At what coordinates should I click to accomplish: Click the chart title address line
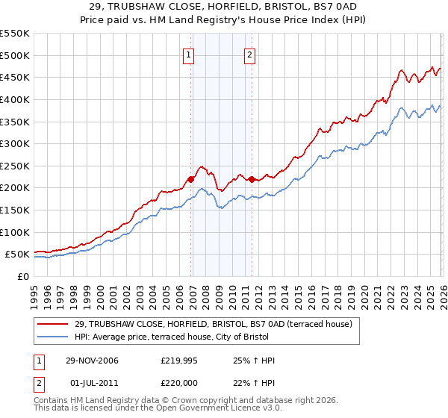click(x=224, y=6)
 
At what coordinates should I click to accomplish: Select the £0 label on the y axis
click(x=23, y=277)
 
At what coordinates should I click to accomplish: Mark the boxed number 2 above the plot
click(x=249, y=54)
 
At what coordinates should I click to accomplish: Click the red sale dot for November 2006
click(x=191, y=179)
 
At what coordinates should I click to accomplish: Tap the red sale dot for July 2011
click(x=252, y=179)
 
